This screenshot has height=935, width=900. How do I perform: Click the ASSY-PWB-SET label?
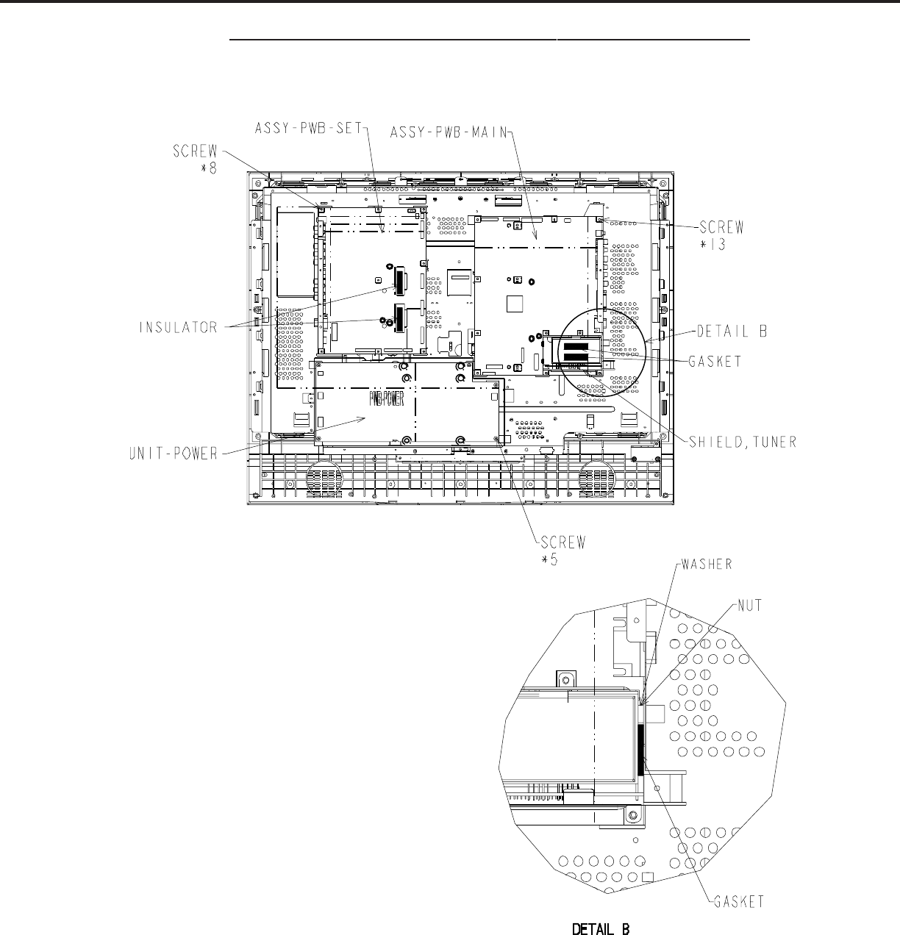pos(308,129)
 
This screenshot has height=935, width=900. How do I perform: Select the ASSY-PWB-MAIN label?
pos(449,132)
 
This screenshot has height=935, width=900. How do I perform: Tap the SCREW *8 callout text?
pos(196,160)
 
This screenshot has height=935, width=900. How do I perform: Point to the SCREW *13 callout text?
pos(721,235)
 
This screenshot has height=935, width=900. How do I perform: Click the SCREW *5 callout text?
pos(563,551)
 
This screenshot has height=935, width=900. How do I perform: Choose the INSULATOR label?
pos(178,328)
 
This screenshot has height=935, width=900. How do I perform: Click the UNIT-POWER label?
pos(174,454)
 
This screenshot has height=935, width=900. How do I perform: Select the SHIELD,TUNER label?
pos(743,442)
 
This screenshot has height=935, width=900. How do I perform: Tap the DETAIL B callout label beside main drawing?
pos(732,332)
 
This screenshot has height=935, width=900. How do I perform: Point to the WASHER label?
pos(707,564)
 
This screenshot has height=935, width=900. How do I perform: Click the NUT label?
pos(749,606)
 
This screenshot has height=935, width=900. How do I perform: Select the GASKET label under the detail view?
pos(739,902)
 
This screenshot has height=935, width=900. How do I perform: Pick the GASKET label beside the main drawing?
pos(715,362)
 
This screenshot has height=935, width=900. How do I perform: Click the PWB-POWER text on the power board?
pos(386,398)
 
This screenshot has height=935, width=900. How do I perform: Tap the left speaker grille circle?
pos(325,479)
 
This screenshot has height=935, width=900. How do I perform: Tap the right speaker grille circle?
pos(597,479)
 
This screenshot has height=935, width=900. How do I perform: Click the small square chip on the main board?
pos(515,304)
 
